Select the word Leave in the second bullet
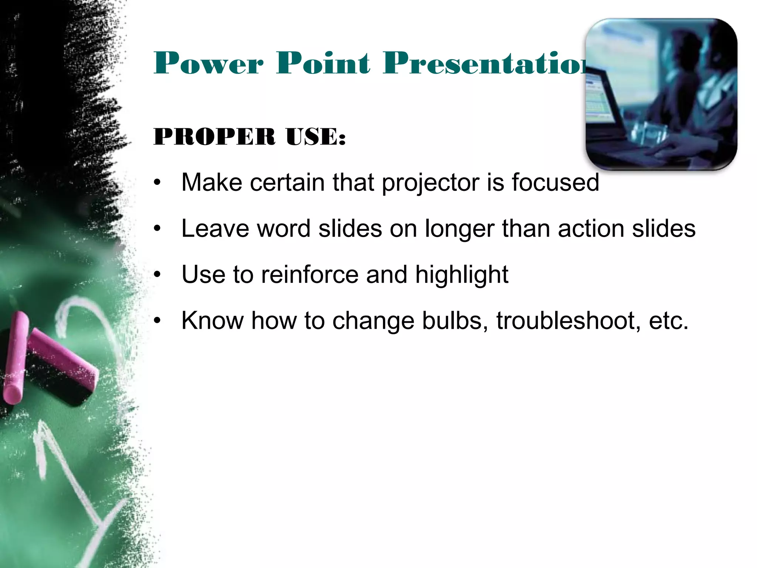tap(215, 229)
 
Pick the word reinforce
tap(310, 275)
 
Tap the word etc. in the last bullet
tap(668, 321)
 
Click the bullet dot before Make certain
tap(158, 183)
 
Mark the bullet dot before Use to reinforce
tap(158, 275)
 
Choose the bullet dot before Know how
tap(158, 321)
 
